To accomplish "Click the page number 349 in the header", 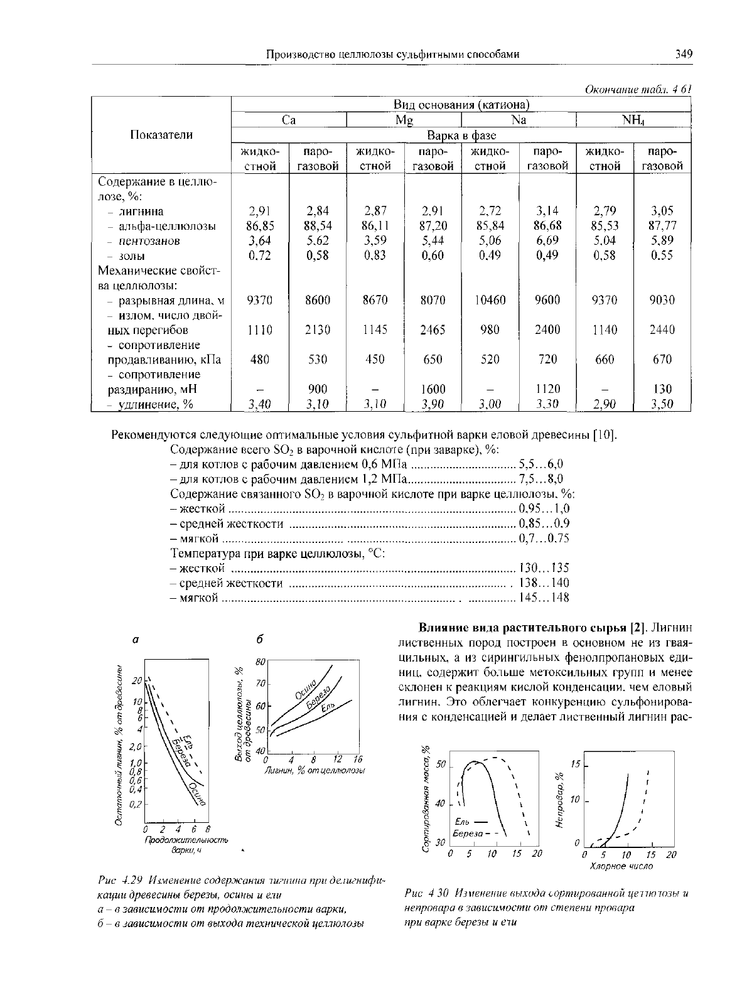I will [x=684, y=55].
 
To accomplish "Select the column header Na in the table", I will [x=519, y=119].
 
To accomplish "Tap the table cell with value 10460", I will [x=490, y=301].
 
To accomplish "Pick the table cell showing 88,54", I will [x=318, y=225].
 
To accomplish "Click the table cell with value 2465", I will [x=433, y=330].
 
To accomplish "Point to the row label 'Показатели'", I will [x=161, y=134].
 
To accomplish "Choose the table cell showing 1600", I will [x=433, y=389].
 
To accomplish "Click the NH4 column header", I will [x=634, y=119].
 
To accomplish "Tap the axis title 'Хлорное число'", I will [x=621, y=866].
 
